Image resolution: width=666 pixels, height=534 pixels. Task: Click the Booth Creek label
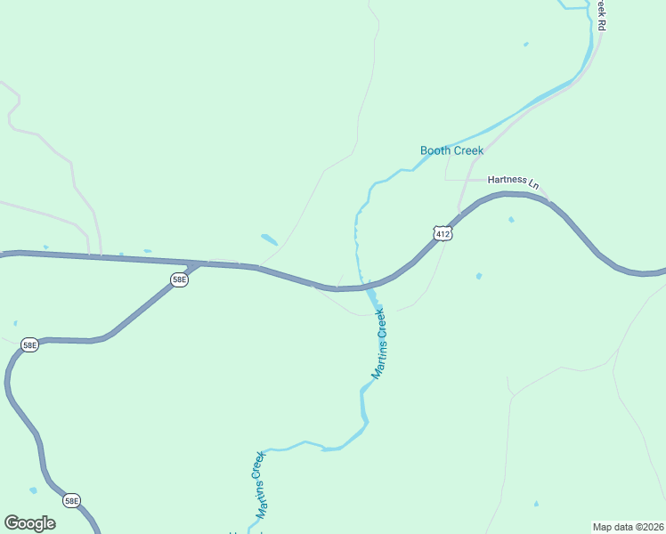click(451, 150)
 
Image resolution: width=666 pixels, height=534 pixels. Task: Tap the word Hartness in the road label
click(507, 181)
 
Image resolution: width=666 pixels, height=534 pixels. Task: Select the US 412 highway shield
click(443, 233)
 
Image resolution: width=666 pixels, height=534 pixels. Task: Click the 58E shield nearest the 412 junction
click(179, 279)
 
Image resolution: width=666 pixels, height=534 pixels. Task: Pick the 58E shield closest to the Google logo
click(72, 501)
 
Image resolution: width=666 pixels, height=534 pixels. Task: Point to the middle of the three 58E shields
click(29, 344)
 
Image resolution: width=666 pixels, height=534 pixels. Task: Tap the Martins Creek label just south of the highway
click(379, 344)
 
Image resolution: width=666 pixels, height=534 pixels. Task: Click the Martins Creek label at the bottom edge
click(260, 485)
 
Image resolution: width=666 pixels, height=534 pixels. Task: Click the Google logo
click(29, 522)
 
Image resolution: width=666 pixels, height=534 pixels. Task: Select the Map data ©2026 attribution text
click(628, 526)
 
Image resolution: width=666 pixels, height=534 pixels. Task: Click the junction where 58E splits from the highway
click(198, 264)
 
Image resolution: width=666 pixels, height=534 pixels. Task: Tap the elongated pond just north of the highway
click(269, 239)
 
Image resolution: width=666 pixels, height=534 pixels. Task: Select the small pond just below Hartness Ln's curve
click(511, 219)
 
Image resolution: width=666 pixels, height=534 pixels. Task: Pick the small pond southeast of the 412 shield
click(479, 276)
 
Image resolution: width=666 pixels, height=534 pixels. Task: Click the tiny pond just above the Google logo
click(33, 490)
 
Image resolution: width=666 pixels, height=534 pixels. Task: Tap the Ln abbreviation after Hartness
click(534, 183)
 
